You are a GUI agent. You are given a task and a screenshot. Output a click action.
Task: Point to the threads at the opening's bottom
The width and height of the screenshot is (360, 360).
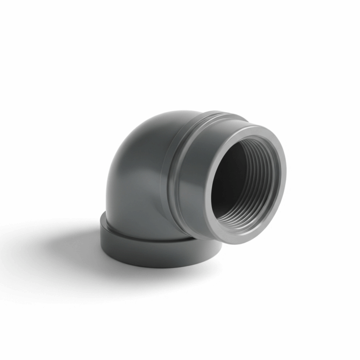tap(244, 220)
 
